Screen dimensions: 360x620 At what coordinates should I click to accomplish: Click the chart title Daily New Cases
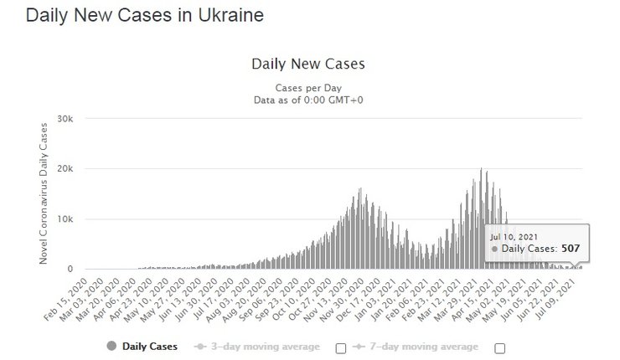[x=308, y=64]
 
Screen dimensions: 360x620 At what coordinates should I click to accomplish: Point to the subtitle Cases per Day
[x=307, y=88]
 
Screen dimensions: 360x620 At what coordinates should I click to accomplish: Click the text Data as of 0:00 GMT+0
[x=307, y=100]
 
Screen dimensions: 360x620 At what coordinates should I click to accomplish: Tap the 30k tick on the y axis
[x=65, y=118]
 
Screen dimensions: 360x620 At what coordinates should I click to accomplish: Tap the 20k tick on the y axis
[x=65, y=168]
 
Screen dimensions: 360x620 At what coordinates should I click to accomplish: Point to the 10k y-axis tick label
[x=65, y=219]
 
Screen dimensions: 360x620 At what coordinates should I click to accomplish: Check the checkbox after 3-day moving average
[x=341, y=347]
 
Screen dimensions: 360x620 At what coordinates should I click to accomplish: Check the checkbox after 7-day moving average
[x=500, y=347]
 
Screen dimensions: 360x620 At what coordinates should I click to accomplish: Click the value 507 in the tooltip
[x=571, y=249]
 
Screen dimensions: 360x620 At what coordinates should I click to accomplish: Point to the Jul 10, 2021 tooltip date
[x=512, y=237]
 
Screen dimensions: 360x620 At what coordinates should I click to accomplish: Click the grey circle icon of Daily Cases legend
[x=111, y=347]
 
